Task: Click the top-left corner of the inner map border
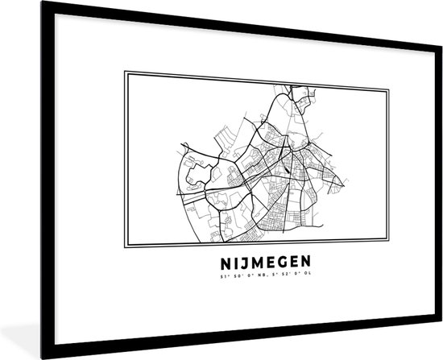point(123,72)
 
